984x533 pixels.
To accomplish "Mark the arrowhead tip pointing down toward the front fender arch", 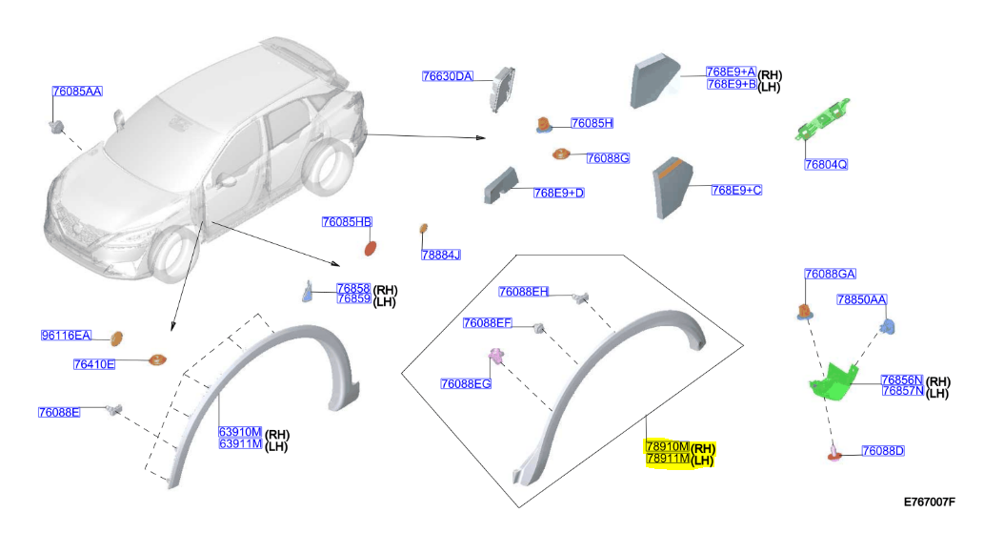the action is (171, 331).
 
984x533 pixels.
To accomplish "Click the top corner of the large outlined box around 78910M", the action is (516, 255).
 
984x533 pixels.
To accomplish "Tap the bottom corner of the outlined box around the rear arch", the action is (519, 507).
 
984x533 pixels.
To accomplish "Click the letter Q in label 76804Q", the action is (842, 165).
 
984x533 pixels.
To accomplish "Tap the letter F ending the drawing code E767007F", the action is (952, 502).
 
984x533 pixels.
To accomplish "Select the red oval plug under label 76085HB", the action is (371, 249).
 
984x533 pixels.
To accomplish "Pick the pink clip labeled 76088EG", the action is (495, 356).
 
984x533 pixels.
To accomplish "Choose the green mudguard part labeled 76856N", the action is (833, 380).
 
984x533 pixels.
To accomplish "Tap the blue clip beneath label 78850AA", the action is (888, 326).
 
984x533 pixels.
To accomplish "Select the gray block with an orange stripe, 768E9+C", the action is (673, 188).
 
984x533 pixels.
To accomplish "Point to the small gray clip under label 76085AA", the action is (57, 127).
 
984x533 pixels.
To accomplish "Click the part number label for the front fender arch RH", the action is (240, 432).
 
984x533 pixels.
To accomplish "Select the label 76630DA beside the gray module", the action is (448, 76).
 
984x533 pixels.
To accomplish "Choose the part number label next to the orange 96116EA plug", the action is (66, 336).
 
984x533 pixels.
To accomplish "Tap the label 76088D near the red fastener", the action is (883, 451).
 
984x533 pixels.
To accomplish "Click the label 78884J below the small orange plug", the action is (440, 255).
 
